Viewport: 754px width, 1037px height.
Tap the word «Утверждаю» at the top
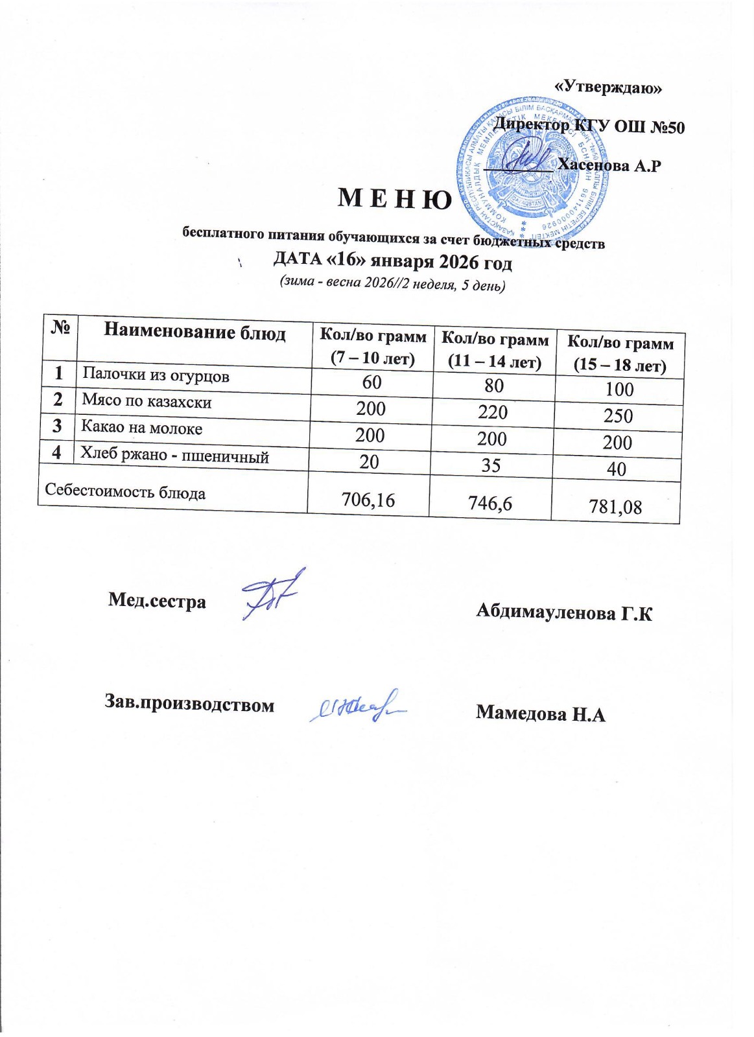click(x=609, y=87)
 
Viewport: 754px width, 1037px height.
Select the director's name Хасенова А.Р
click(x=609, y=166)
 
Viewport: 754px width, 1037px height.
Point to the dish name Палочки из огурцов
click(x=156, y=376)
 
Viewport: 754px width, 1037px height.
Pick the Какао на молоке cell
click(x=141, y=428)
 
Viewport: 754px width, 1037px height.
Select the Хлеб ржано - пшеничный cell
click(x=174, y=456)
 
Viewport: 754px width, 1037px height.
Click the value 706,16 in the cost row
click(x=368, y=499)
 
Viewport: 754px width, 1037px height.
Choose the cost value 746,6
click(x=491, y=502)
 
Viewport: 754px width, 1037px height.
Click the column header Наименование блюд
click(x=194, y=332)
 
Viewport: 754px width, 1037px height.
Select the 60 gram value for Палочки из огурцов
click(x=371, y=382)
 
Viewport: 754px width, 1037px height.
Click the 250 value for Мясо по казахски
click(x=618, y=415)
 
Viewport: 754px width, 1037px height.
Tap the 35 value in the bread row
click(x=491, y=465)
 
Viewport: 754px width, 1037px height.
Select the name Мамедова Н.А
click(x=540, y=714)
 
